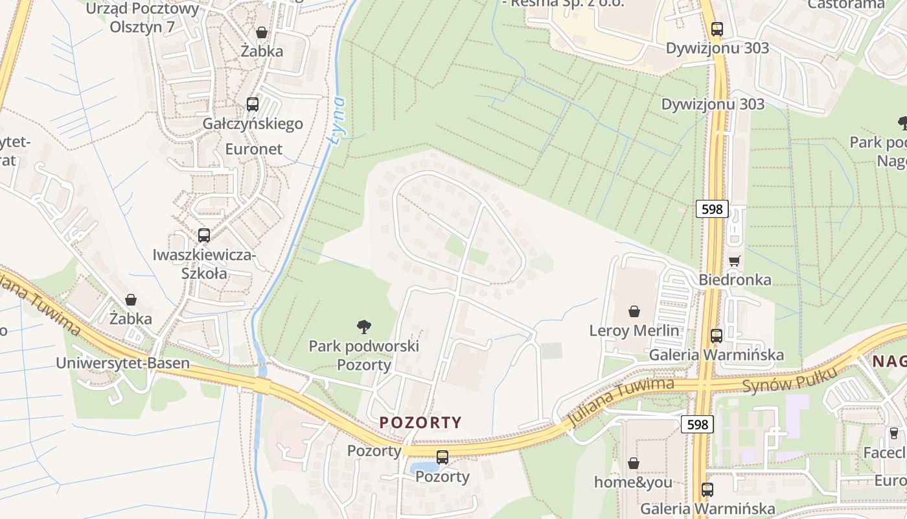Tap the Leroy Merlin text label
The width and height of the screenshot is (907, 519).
(x=634, y=330)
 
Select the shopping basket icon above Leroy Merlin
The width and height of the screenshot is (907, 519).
(x=634, y=311)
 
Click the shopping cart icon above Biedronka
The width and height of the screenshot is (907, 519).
(x=734, y=261)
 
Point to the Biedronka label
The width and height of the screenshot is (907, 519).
(x=735, y=280)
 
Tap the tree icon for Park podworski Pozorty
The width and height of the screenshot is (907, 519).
(x=364, y=327)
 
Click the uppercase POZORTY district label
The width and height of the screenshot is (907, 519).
(x=420, y=422)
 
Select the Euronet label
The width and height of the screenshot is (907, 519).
(x=254, y=149)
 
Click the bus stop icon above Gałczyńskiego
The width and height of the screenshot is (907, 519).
(x=253, y=104)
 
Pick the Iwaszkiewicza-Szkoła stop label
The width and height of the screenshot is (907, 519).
(x=205, y=264)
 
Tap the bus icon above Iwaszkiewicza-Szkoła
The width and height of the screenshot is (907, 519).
(x=204, y=235)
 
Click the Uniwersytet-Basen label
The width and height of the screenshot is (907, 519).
(x=122, y=363)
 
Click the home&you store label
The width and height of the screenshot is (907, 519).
(x=633, y=482)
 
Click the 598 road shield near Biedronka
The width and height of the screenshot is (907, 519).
(x=713, y=209)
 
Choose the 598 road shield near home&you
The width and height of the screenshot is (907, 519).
(x=697, y=424)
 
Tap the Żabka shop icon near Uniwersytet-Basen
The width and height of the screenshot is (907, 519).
(x=131, y=300)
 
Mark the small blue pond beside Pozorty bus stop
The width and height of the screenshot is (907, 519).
(x=424, y=467)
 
